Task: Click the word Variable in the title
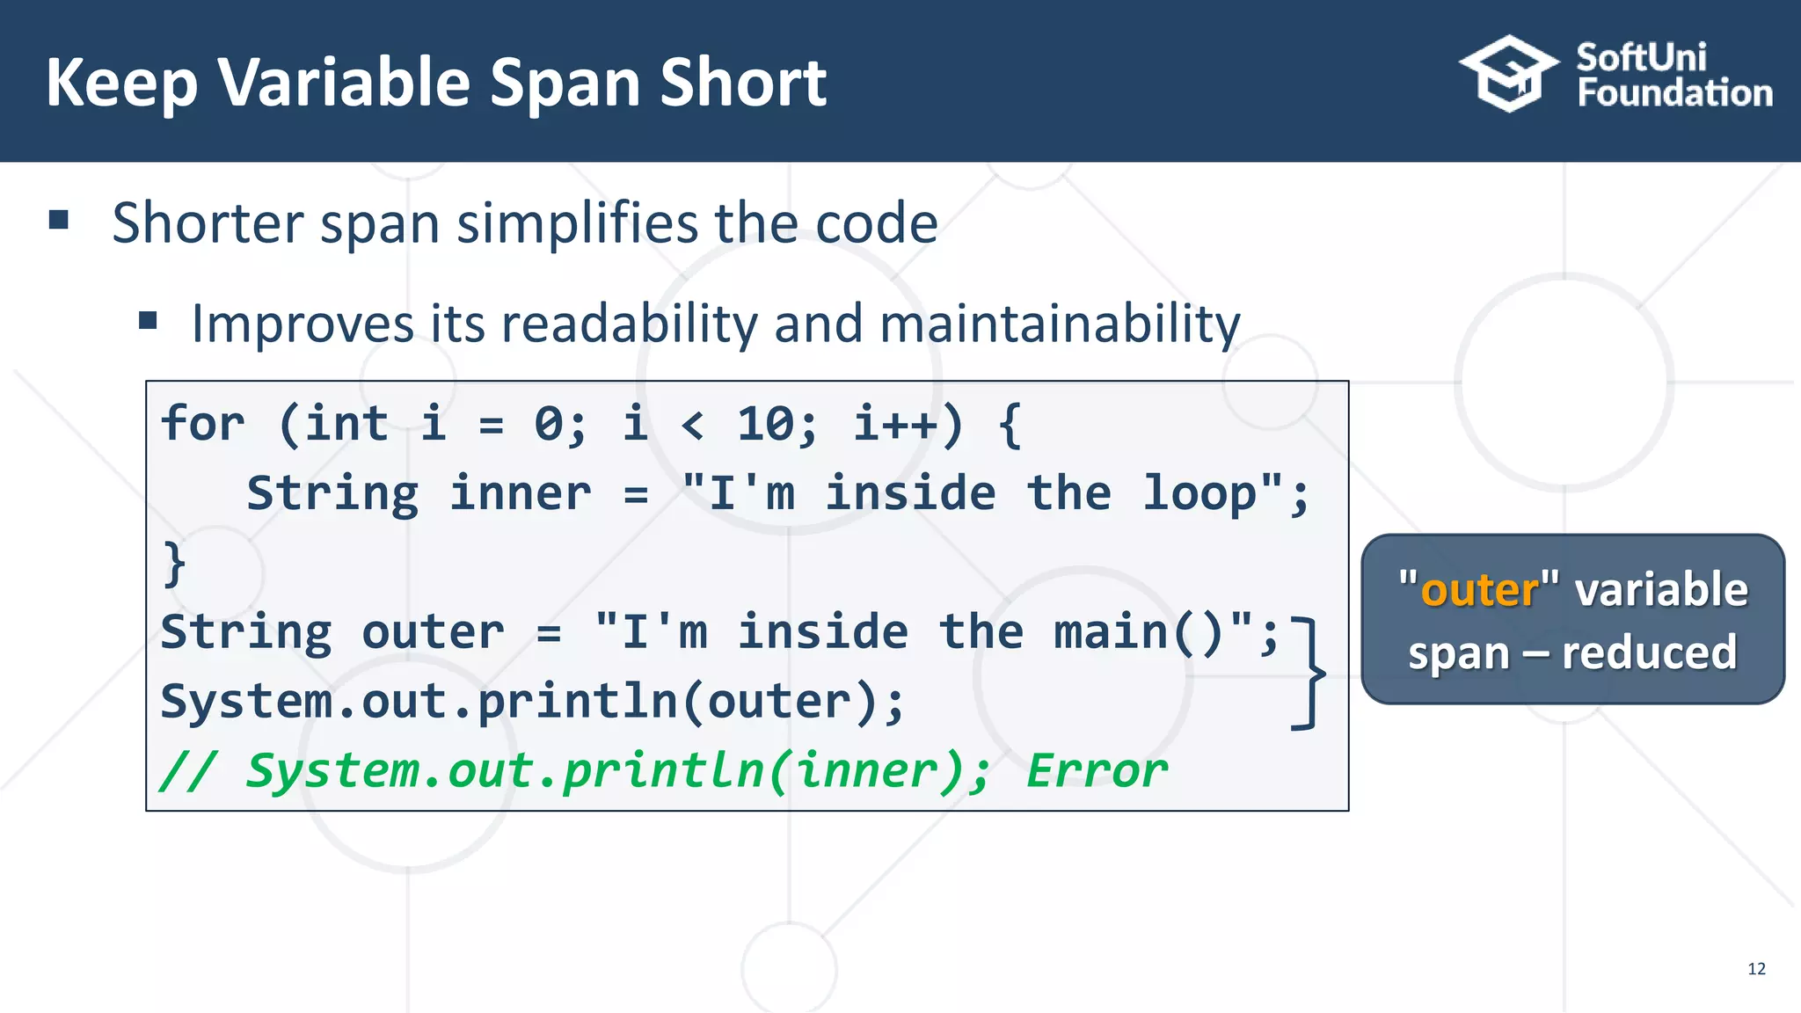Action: [345, 82]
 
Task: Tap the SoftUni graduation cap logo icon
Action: [1508, 74]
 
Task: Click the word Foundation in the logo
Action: [1674, 93]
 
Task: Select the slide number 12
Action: [1756, 969]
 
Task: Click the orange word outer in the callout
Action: [1479, 589]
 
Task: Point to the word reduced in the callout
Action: [1649, 652]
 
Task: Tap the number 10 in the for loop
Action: [764, 424]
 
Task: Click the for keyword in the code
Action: [203, 424]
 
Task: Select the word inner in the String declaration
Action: [521, 493]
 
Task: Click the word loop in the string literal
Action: [1199, 493]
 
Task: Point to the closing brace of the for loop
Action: [174, 563]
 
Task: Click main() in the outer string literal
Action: [1139, 632]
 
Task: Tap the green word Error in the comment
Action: [1097, 771]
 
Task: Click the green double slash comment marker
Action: [187, 771]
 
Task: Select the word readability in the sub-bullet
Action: [625, 324]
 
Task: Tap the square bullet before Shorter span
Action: [59, 220]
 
